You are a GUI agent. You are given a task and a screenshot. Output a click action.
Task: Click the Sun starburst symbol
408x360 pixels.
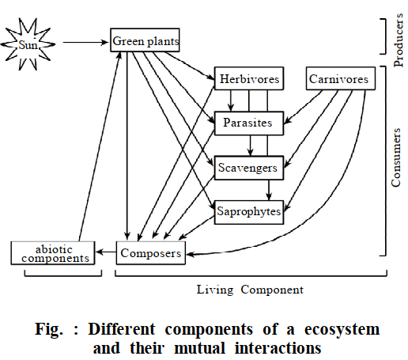[x=28, y=44]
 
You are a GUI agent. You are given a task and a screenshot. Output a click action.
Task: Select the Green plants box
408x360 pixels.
[x=145, y=40]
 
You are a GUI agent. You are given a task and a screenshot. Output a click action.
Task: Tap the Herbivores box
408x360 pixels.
[x=249, y=78]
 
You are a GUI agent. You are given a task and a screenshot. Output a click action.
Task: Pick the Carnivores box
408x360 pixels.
[x=341, y=78]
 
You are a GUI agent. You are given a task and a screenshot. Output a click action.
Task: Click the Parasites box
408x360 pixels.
[x=249, y=123]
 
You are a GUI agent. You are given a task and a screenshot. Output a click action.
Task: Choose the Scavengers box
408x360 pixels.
[x=249, y=168]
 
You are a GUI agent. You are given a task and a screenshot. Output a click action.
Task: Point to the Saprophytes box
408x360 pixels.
[x=249, y=212]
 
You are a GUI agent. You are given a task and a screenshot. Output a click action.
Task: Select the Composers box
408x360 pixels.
[x=151, y=253]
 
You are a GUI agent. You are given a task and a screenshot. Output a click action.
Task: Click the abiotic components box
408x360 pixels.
[x=53, y=253]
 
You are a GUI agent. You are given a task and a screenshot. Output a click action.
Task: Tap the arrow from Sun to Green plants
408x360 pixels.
[x=86, y=42]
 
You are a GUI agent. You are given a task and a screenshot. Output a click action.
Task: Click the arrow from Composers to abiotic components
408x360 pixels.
[x=106, y=252]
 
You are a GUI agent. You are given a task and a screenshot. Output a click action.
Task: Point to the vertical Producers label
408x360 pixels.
[x=399, y=40]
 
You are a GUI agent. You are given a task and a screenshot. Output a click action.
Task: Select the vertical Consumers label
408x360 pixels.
[x=396, y=157]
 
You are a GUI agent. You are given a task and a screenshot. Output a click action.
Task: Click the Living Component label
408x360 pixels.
[x=250, y=290]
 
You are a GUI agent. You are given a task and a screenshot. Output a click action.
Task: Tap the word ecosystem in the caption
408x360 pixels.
[x=342, y=329]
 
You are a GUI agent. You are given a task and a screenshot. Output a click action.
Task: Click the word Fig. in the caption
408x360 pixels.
[x=49, y=329]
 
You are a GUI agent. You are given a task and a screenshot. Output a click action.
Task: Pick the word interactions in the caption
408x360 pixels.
[x=278, y=348]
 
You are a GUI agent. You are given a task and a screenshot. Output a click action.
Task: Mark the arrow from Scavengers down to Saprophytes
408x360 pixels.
[x=269, y=190]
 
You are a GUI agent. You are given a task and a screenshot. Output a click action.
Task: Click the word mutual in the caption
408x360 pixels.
[x=200, y=348]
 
